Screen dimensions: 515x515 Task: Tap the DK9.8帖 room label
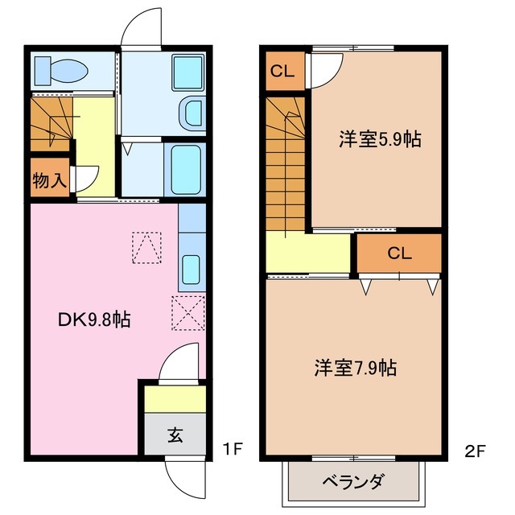(x=95, y=319)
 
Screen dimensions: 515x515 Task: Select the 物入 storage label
(x=49, y=179)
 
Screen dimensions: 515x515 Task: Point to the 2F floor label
(x=475, y=451)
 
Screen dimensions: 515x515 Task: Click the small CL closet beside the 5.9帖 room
(x=282, y=71)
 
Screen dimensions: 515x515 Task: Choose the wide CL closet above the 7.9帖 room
(x=399, y=253)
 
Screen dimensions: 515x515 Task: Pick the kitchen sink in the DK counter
(x=192, y=269)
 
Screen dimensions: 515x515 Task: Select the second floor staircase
(x=286, y=165)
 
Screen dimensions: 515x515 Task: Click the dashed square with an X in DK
(x=188, y=312)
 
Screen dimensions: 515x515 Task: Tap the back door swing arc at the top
(x=141, y=28)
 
